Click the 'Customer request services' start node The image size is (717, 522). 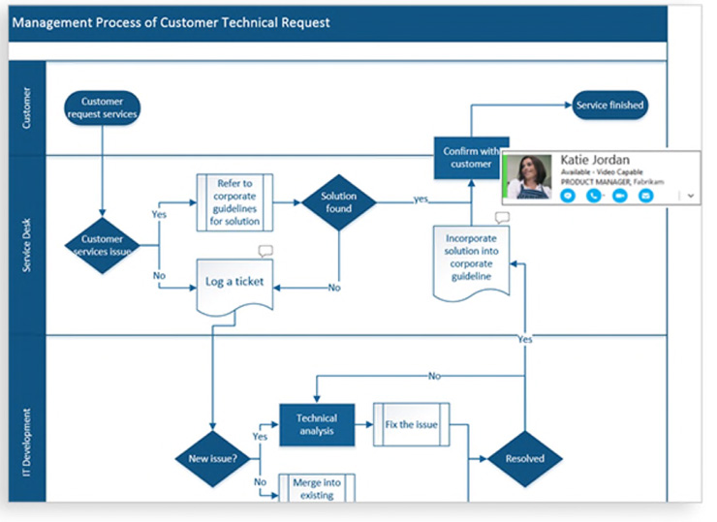click(102, 107)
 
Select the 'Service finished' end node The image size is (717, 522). click(608, 105)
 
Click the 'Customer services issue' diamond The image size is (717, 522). click(102, 245)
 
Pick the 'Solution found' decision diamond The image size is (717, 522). click(339, 202)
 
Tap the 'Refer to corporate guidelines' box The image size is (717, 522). click(235, 201)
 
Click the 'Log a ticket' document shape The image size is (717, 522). click(234, 284)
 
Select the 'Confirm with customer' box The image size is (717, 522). click(470, 158)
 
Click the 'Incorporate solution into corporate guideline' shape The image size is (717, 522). click(470, 256)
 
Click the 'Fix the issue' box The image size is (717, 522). click(412, 425)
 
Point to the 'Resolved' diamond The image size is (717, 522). click(524, 458)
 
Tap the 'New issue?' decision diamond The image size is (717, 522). click(211, 458)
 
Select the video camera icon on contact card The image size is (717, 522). click(619, 196)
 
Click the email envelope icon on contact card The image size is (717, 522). click(645, 196)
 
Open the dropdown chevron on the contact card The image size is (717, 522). click(691, 195)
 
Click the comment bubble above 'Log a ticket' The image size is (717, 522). click(265, 251)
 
